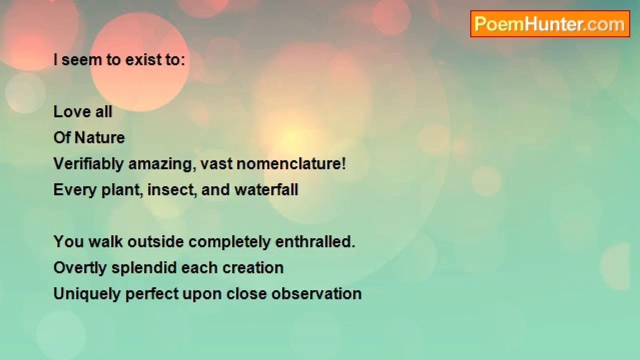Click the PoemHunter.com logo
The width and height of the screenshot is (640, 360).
tap(550, 24)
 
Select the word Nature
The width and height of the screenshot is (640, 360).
tap(99, 137)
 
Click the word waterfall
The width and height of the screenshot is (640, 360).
tap(266, 189)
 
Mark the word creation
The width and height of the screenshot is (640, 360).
tap(253, 268)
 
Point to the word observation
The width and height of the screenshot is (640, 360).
tap(316, 294)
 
